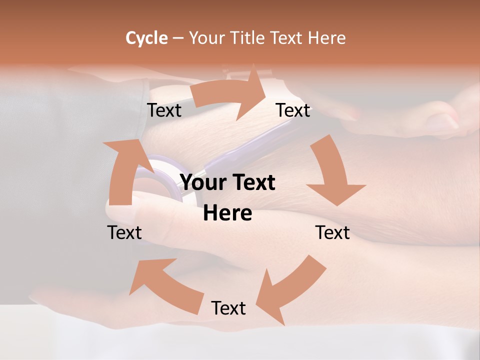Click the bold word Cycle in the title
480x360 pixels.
pyautogui.click(x=146, y=38)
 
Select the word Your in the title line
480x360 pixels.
pyautogui.click(x=206, y=38)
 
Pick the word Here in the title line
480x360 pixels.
pyautogui.click(x=327, y=38)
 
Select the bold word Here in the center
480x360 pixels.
pyautogui.click(x=227, y=213)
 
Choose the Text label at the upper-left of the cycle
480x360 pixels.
pyautogui.click(x=164, y=110)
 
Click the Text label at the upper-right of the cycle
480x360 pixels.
pyautogui.click(x=293, y=110)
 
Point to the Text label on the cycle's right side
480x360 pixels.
pyautogui.click(x=332, y=232)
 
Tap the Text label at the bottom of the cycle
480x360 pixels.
pyautogui.click(x=228, y=308)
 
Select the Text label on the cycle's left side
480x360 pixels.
pyautogui.click(x=124, y=232)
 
